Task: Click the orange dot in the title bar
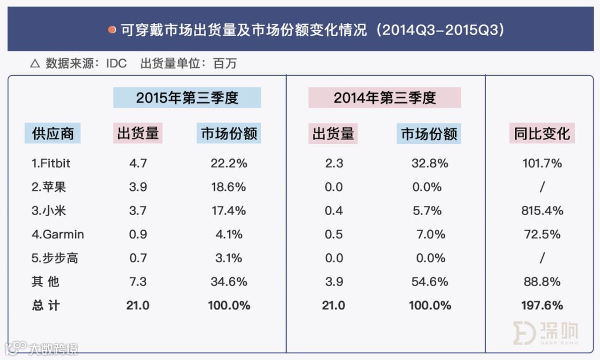click(112, 29)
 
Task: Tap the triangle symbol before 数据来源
click(34, 64)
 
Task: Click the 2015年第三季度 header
click(187, 98)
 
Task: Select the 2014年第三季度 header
click(384, 98)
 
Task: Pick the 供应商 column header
click(53, 134)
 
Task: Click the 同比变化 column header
click(542, 134)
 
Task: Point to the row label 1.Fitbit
click(51, 163)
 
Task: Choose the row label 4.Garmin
click(58, 234)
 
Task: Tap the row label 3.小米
click(49, 211)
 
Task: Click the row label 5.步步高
click(55, 258)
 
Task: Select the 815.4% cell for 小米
click(543, 211)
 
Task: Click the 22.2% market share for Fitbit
click(228, 163)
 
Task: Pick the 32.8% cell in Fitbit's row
click(428, 163)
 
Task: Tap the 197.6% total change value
click(542, 306)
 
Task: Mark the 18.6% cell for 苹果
click(228, 187)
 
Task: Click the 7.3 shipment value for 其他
click(138, 282)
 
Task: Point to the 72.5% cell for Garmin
click(542, 234)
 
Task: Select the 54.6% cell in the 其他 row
click(428, 282)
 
